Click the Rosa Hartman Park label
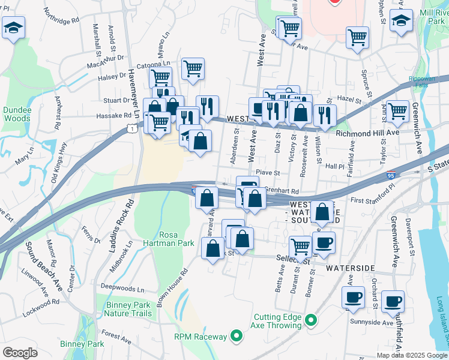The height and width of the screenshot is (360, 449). pyautogui.click(x=176, y=239)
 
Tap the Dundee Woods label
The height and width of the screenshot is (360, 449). pyautogui.click(x=16, y=114)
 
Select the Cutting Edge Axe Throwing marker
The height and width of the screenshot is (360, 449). pyautogui.click(x=311, y=321)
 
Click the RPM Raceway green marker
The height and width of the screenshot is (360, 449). pyautogui.click(x=237, y=337)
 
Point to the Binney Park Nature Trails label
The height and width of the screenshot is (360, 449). pyautogui.click(x=129, y=309)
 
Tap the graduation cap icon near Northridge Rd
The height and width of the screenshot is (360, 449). pyautogui.click(x=13, y=27)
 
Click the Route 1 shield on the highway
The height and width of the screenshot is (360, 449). pyautogui.click(x=131, y=128)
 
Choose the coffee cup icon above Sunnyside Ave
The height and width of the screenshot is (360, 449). pyautogui.click(x=353, y=297)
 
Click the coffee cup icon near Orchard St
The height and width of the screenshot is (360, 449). pyautogui.click(x=393, y=301)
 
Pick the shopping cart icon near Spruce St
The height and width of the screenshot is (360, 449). pyautogui.click(x=357, y=37)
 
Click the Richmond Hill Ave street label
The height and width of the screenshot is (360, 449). pyautogui.click(x=367, y=133)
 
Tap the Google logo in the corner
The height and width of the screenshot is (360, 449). pyautogui.click(x=20, y=353)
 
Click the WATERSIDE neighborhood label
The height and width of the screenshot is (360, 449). pyautogui.click(x=351, y=268)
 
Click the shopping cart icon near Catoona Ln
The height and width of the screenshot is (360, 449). pyautogui.click(x=192, y=69)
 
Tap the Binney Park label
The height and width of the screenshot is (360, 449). pyautogui.click(x=82, y=344)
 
